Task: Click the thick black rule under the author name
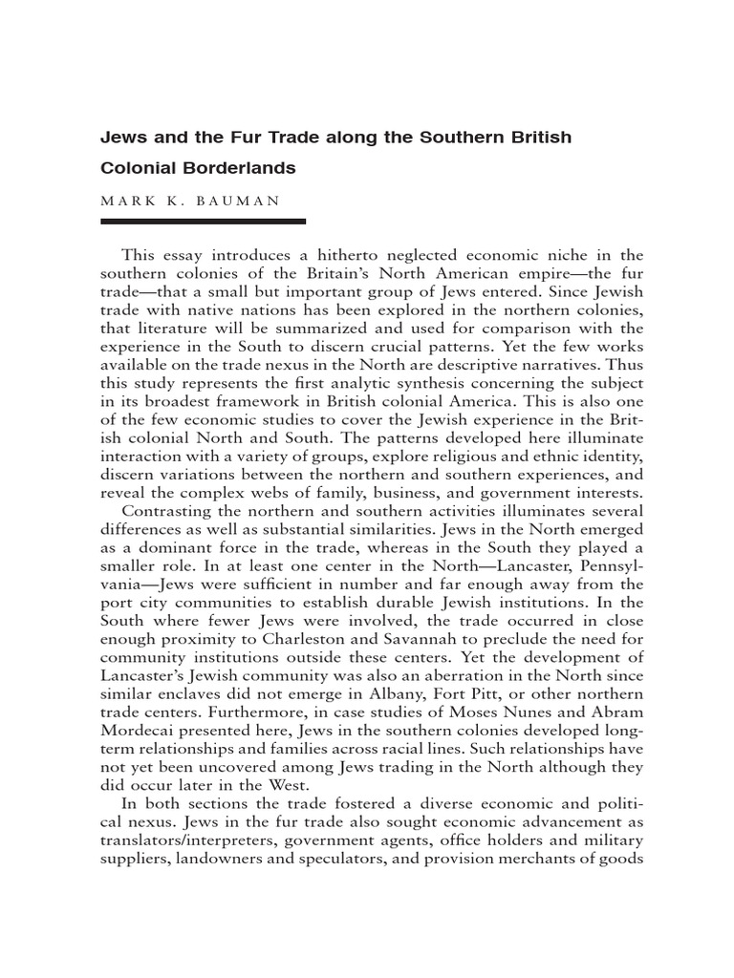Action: pos(203,222)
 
